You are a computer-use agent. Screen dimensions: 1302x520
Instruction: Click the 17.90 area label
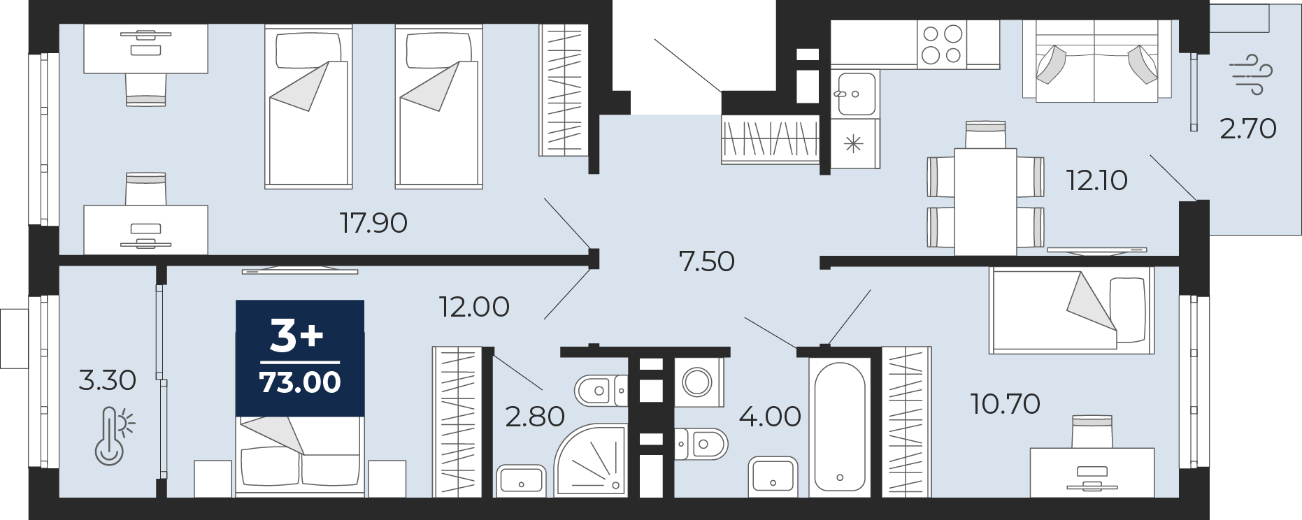click(373, 223)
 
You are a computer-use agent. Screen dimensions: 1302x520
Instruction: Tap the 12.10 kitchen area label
click(1096, 180)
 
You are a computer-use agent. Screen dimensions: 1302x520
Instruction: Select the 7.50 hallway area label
click(706, 261)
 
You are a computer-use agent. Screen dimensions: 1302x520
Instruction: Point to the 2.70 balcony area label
click(1248, 129)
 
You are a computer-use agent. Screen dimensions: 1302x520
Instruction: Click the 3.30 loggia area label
click(107, 380)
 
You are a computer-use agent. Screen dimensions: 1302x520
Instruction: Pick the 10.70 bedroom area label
click(1005, 404)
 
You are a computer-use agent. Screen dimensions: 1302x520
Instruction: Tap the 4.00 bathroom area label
click(770, 417)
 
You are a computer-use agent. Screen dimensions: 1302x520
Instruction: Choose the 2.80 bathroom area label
click(535, 417)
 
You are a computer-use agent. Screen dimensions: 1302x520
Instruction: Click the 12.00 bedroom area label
click(474, 307)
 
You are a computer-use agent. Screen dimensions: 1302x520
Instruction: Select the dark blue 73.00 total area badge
click(300, 359)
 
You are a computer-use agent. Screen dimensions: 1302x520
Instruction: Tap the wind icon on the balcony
click(1251, 74)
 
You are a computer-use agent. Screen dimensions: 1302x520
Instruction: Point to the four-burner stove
click(942, 44)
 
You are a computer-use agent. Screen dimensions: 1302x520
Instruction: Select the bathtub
click(840, 428)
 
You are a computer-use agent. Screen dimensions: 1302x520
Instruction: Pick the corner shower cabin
click(591, 461)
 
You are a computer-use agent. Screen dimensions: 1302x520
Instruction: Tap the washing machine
click(698, 382)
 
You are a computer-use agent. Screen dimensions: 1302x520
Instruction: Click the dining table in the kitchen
click(985, 201)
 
